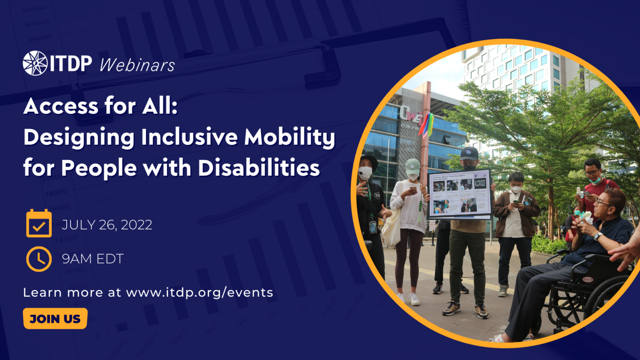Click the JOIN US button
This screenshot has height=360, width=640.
(x=55, y=319)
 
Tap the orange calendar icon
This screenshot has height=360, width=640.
(x=39, y=224)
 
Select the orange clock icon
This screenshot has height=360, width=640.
(x=39, y=259)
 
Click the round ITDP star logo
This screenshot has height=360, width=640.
(x=35, y=63)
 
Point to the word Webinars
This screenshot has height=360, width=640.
(x=137, y=65)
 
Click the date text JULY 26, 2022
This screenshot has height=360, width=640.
(x=107, y=225)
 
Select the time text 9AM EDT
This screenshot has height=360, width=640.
(x=92, y=259)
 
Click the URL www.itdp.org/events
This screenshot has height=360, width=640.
(x=200, y=292)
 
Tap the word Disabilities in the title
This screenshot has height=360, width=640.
(x=259, y=168)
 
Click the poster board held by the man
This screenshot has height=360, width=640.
(x=460, y=194)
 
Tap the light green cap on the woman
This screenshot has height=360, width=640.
(x=412, y=165)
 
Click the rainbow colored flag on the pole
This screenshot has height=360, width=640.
(x=427, y=125)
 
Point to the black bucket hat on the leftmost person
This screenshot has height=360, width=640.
(x=368, y=161)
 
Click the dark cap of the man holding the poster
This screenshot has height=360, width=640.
(x=469, y=153)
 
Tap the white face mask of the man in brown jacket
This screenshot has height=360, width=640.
(x=516, y=189)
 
